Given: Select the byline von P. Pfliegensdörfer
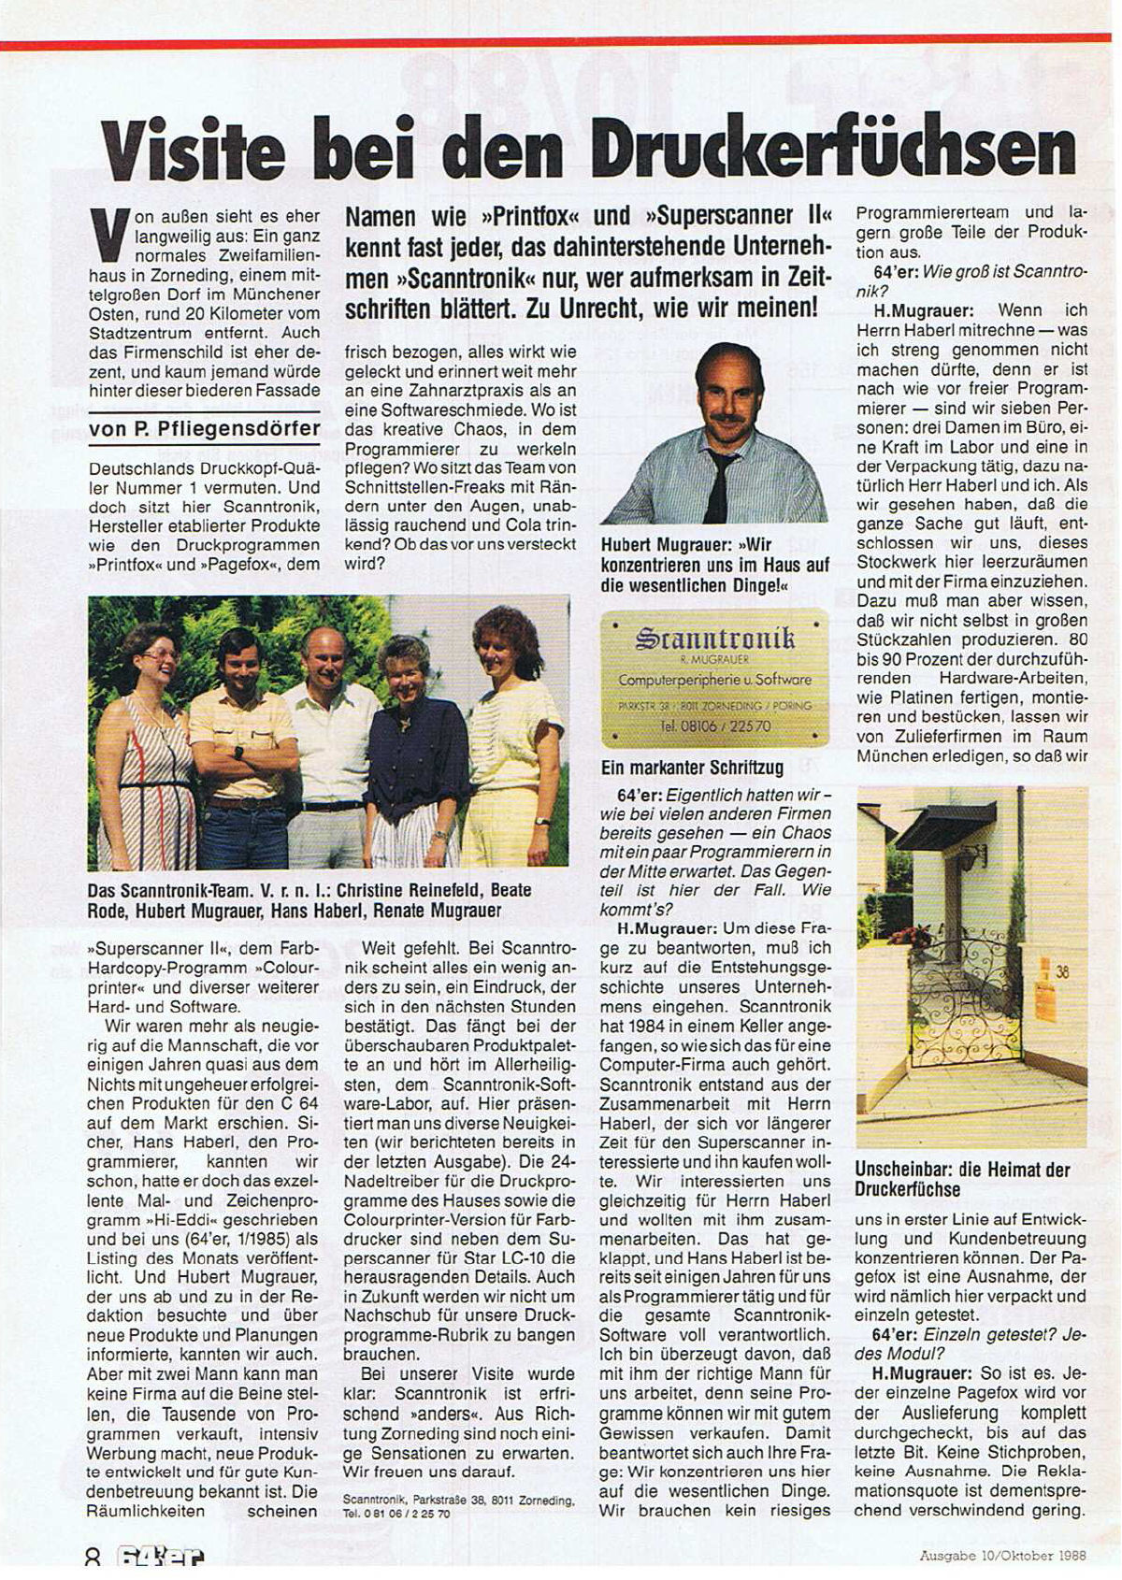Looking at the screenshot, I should click(x=204, y=429).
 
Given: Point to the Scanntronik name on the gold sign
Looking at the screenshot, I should click(x=714, y=639).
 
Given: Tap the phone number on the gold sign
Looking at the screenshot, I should click(x=715, y=725).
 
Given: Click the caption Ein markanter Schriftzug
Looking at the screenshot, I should click(x=692, y=768).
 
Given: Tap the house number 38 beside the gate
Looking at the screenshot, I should click(x=1062, y=972).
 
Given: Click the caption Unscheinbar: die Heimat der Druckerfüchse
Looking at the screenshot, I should click(x=961, y=1179).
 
